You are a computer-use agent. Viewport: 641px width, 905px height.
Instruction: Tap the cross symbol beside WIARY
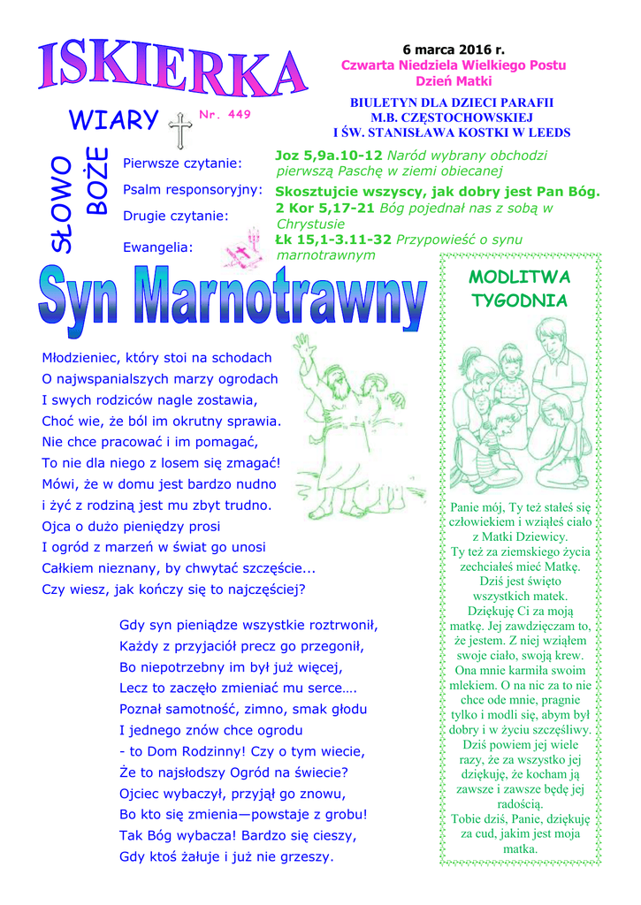pyautogui.click(x=181, y=130)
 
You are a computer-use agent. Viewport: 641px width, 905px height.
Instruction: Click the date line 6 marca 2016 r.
pyautogui.click(x=454, y=50)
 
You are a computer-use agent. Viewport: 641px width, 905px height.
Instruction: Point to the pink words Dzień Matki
pyautogui.click(x=453, y=81)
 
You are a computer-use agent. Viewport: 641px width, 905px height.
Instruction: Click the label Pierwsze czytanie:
pyautogui.click(x=182, y=164)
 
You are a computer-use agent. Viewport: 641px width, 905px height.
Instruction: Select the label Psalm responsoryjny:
pyautogui.click(x=193, y=189)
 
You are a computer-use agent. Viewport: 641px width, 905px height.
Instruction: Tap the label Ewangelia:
pyautogui.click(x=158, y=247)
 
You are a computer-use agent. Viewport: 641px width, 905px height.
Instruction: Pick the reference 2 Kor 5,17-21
pyautogui.click(x=324, y=209)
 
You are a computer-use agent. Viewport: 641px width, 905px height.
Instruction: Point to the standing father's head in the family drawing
pyautogui.click(x=550, y=336)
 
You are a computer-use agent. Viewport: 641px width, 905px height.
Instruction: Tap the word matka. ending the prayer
pyautogui.click(x=520, y=848)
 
